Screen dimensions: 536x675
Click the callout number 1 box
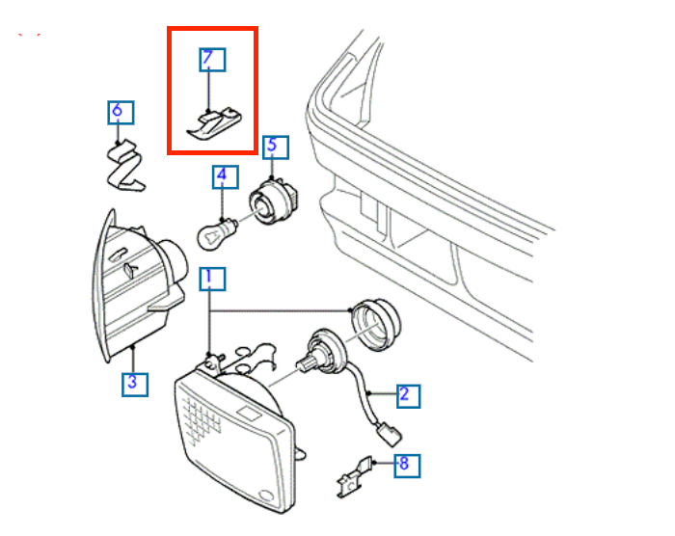point(212,279)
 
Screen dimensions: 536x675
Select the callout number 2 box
point(404,393)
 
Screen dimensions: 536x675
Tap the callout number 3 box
point(134,384)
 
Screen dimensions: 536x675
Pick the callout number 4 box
point(222,176)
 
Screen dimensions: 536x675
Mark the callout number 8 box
point(403,465)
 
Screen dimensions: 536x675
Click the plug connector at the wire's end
point(387,434)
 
